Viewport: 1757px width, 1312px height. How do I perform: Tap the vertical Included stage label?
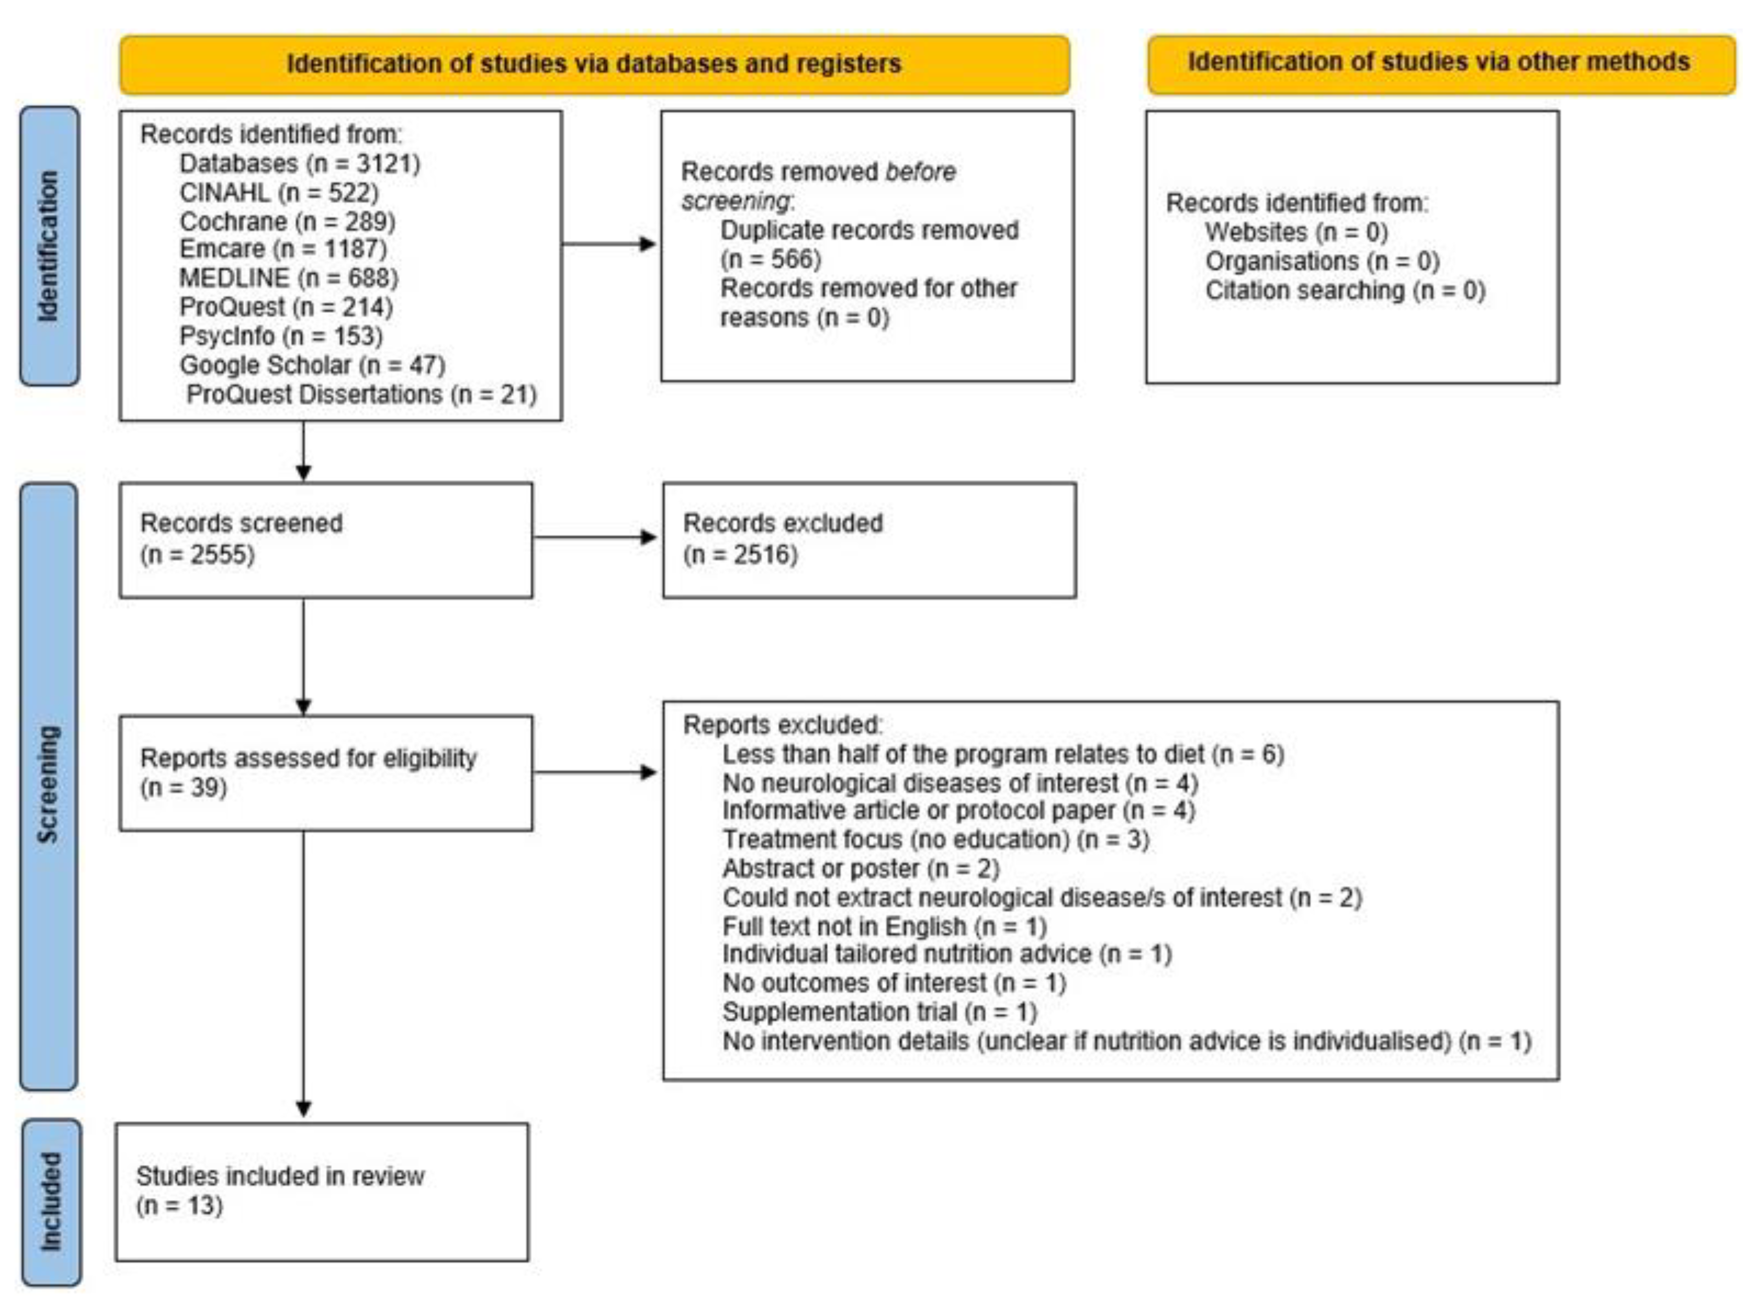pos(50,1202)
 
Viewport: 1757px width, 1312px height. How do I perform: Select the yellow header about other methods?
pos(1439,63)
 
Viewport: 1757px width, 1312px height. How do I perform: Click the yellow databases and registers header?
pos(594,64)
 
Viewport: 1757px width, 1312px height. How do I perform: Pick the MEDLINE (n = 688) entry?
pos(288,278)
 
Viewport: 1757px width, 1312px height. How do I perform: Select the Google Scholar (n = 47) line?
pos(312,365)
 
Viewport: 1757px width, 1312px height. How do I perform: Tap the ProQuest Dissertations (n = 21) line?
pos(362,395)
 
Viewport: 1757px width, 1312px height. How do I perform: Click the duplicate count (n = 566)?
pos(770,259)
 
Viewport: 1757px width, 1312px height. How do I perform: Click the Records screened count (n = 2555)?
pos(197,555)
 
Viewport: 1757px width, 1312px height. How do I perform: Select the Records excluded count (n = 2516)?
pos(740,555)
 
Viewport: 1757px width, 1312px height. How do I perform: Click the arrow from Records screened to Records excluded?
pos(596,538)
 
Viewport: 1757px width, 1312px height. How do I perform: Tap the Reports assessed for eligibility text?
pos(308,759)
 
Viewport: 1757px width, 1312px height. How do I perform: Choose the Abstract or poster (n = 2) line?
pos(860,868)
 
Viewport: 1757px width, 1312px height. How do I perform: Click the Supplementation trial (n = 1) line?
pos(879,1012)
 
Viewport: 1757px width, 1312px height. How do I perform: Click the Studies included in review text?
pos(280,1176)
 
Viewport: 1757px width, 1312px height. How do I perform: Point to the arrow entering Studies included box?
pos(303,1104)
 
